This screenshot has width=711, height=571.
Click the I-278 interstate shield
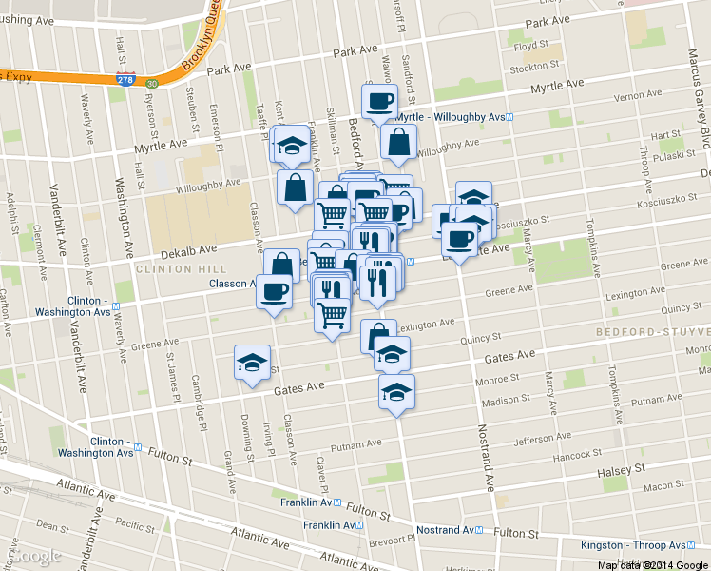124,81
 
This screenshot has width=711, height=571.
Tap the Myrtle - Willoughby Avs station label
452,117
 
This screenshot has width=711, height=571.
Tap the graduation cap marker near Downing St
252,364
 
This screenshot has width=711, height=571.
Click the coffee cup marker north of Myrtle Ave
379,101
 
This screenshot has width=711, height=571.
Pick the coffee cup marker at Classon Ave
275,290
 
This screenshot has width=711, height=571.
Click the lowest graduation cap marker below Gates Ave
397,391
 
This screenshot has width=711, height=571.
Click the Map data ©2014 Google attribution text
653,564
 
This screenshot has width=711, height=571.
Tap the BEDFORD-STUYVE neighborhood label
652,331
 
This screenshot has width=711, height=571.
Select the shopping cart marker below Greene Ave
332,316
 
